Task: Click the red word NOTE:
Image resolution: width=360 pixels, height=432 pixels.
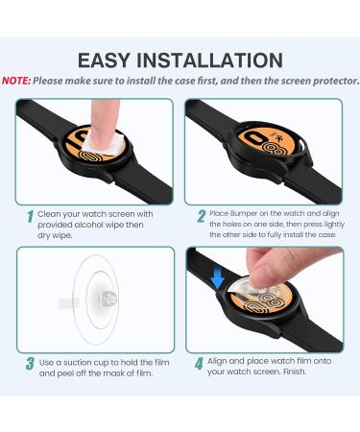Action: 16,81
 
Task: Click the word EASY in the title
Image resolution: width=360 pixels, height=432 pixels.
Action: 104,60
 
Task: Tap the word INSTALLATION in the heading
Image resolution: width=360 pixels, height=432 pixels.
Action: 209,60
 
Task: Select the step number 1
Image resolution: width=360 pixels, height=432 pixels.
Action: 30,217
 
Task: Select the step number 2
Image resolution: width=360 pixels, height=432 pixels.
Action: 202,216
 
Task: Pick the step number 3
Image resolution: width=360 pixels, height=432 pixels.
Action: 30,364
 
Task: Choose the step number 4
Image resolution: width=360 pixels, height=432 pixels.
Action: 199,364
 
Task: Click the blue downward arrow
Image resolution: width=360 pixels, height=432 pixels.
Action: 217,277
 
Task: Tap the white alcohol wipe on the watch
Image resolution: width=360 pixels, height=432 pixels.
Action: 103,142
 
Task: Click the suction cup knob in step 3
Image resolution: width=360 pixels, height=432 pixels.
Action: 108,300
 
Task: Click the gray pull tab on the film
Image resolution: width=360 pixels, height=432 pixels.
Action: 69,303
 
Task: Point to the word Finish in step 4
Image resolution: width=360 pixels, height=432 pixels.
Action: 295,372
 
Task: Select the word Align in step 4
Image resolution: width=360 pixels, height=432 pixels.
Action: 217,361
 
